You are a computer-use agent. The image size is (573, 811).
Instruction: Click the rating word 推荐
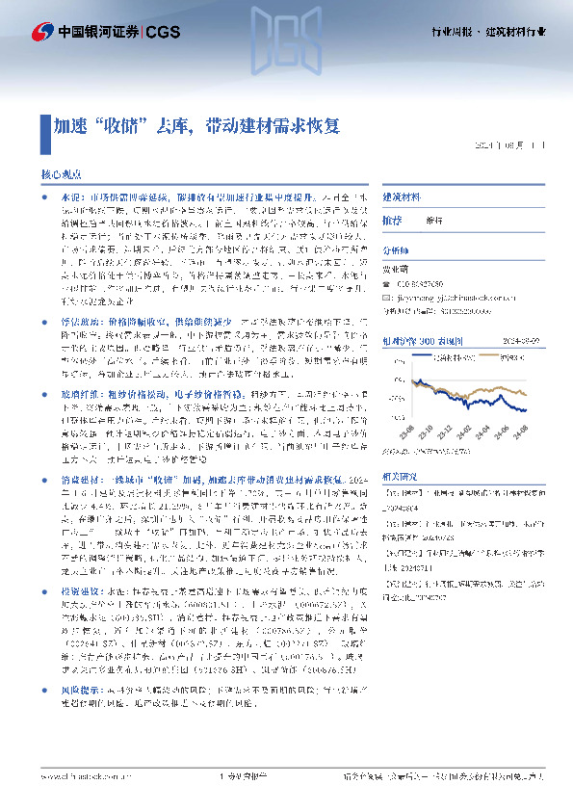392,221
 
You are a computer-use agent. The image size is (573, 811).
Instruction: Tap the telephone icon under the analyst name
387,284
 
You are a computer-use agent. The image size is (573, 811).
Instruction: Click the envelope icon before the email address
387,298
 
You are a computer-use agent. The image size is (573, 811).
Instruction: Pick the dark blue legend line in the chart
423,355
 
